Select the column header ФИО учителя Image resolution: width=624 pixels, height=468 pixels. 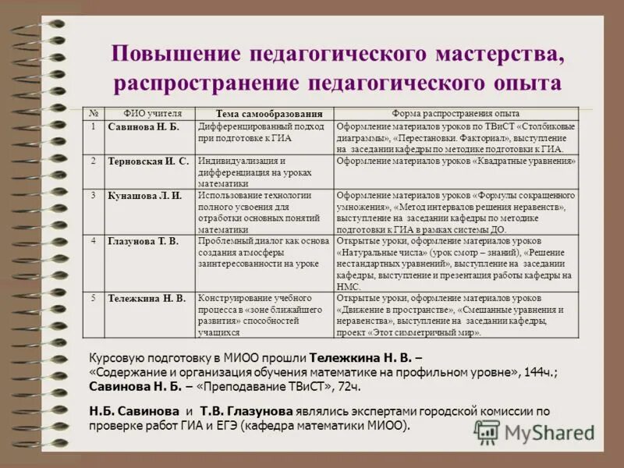click(153, 114)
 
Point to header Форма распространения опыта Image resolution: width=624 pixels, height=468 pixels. click(456, 114)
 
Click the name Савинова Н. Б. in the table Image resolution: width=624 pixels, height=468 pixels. click(144, 126)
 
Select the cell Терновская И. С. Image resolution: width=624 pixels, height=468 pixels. click(148, 161)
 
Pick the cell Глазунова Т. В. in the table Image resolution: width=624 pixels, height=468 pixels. click(143, 241)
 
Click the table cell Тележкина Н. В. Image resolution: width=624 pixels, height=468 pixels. click(147, 298)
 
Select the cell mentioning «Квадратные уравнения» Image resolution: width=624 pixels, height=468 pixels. click(456, 161)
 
